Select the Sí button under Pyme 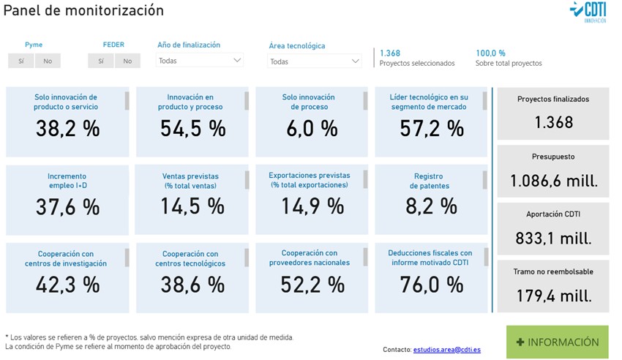(x=20, y=61)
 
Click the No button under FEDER (x=127, y=61)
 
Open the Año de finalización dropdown (x=200, y=61)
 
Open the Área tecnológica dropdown (x=315, y=61)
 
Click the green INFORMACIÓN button (x=557, y=342)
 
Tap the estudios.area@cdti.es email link (x=447, y=350)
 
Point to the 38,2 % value (x=67, y=129)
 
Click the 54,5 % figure (x=192, y=129)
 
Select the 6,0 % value (x=310, y=129)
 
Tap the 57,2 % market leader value (x=432, y=129)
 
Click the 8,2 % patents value (x=432, y=206)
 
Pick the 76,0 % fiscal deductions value (x=432, y=285)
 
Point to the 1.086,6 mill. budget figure (x=554, y=181)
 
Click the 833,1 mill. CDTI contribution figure (x=554, y=238)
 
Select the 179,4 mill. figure (x=554, y=296)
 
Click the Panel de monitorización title (x=83, y=11)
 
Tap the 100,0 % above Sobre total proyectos (x=490, y=53)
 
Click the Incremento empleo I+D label (x=67, y=181)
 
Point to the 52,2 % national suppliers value (x=312, y=285)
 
